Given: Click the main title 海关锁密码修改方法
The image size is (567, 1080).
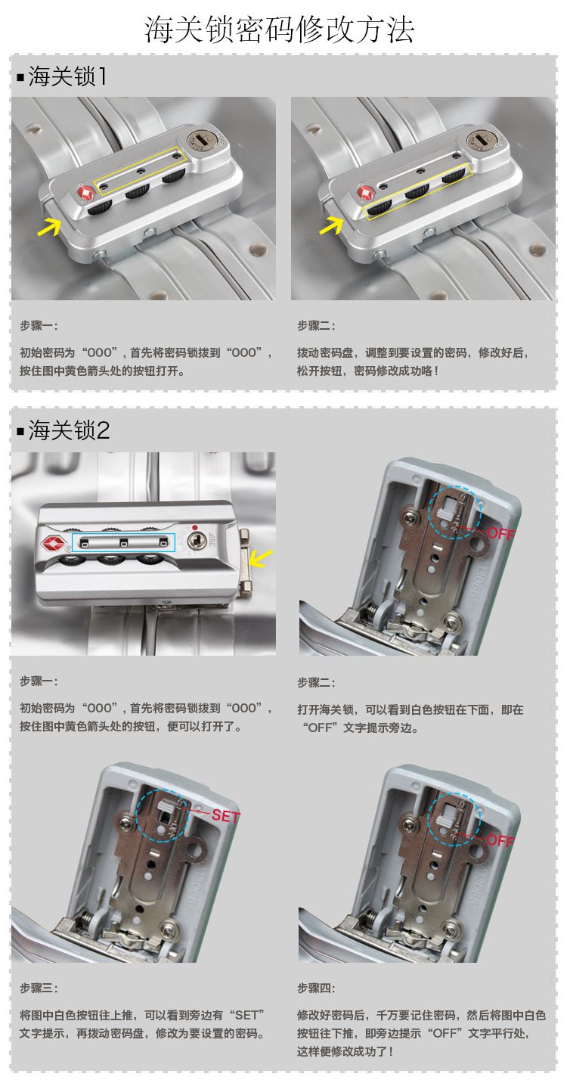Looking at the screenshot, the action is pyautogui.click(x=279, y=30).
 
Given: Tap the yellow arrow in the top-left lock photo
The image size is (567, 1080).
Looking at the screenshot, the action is pyautogui.click(x=48, y=226).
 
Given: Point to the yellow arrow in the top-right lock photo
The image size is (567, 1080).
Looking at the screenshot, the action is pyautogui.click(x=331, y=225).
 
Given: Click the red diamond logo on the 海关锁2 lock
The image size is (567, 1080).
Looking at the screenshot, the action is pyautogui.click(x=54, y=543).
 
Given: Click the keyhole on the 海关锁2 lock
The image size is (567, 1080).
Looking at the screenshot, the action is pyautogui.click(x=197, y=541).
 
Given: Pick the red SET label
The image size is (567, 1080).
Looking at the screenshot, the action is pyautogui.click(x=225, y=816).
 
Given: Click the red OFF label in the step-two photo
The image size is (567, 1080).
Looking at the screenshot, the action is pyautogui.click(x=501, y=533).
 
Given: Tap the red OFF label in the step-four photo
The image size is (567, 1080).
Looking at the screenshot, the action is pyautogui.click(x=500, y=840).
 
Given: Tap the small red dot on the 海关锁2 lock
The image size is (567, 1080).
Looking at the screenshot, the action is pyautogui.click(x=195, y=527).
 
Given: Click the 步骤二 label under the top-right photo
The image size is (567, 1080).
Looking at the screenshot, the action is pyautogui.click(x=316, y=326).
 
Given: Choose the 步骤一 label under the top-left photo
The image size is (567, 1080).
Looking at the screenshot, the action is pyautogui.click(x=39, y=326).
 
